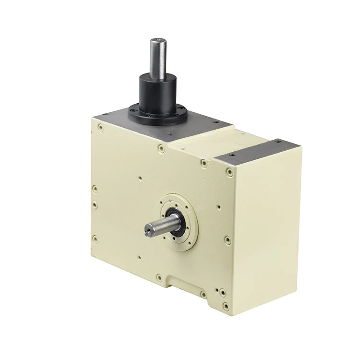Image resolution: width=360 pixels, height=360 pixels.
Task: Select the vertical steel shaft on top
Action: coord(159,58)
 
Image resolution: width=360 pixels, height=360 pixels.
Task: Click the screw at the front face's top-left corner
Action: coord(100,128)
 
